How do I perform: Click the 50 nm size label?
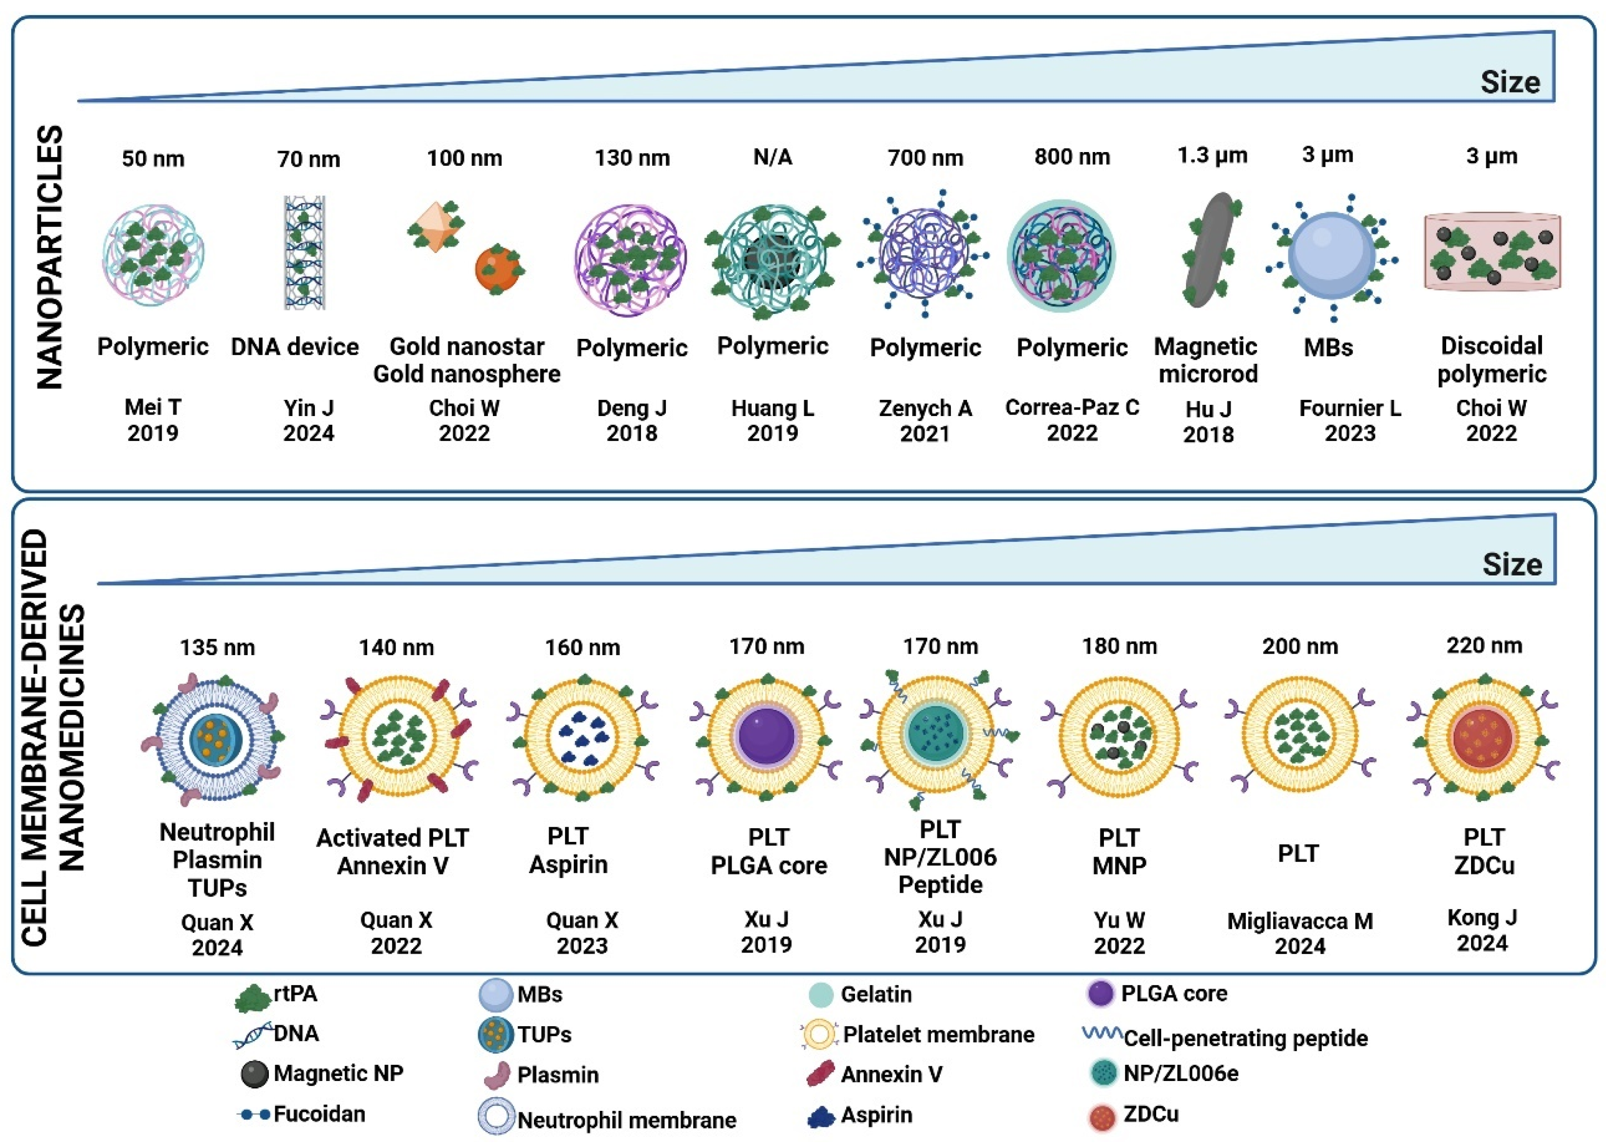click(153, 158)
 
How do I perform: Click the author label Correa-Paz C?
click(1072, 408)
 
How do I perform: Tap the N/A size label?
click(772, 157)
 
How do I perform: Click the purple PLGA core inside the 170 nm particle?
click(766, 735)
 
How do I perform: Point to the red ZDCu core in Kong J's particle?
click(1483, 737)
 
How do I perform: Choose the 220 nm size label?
click(1484, 645)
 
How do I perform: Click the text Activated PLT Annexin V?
click(393, 851)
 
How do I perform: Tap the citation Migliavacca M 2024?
click(1300, 933)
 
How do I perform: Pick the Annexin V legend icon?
click(821, 1074)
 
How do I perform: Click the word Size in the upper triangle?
click(1510, 82)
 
